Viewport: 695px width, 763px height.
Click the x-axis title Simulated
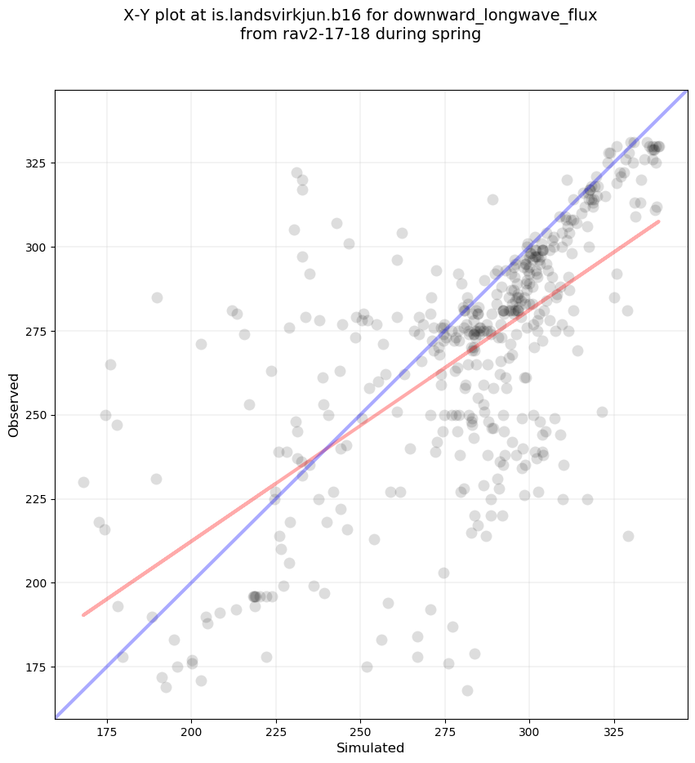[x=371, y=747]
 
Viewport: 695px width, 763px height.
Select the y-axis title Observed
[x=14, y=404]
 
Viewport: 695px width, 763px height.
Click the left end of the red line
[x=83, y=615]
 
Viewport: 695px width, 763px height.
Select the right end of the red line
[x=658, y=221]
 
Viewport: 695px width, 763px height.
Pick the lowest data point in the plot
[x=467, y=690]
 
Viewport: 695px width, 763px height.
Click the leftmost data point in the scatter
[x=83, y=482]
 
